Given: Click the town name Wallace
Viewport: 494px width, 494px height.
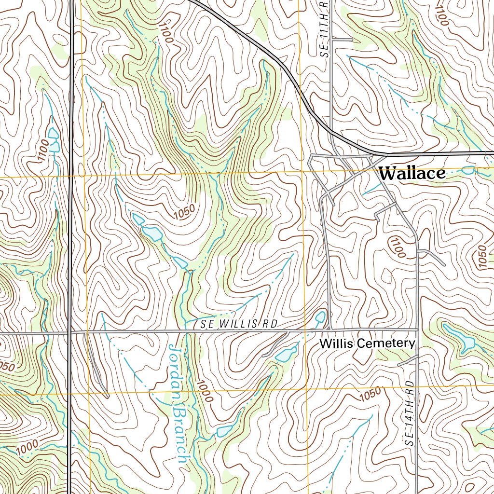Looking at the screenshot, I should pyautogui.click(x=412, y=174).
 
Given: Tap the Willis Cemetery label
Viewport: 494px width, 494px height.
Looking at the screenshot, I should pyautogui.click(x=367, y=343).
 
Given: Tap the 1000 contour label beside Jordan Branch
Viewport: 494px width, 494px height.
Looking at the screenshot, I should pyautogui.click(x=204, y=390).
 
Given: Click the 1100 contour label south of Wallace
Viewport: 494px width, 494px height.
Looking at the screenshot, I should pyautogui.click(x=398, y=248).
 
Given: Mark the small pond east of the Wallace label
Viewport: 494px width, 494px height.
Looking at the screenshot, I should pyautogui.click(x=468, y=170).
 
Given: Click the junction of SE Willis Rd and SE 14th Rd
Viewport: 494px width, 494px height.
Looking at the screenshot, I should pyautogui.click(x=417, y=330).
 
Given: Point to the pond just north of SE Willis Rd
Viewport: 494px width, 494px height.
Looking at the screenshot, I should pyautogui.click(x=320, y=317).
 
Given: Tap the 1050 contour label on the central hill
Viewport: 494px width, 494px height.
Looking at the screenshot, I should pyautogui.click(x=184, y=212).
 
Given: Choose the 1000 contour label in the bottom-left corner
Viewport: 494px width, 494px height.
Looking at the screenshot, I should pyautogui.click(x=27, y=447).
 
